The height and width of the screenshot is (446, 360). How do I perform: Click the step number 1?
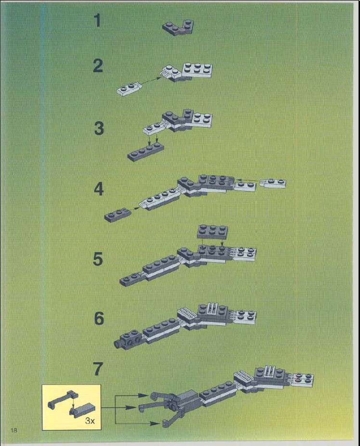pyautogui.click(x=98, y=21)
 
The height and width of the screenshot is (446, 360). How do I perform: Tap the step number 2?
pyautogui.click(x=98, y=66)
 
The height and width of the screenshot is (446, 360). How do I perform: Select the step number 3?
pyautogui.click(x=99, y=128)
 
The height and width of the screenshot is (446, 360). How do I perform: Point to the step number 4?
pyautogui.click(x=99, y=189)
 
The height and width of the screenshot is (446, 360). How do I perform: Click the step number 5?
pyautogui.click(x=98, y=259)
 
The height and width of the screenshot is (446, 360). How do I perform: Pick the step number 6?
pyautogui.click(x=99, y=319)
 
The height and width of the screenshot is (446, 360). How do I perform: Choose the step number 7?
pyautogui.click(x=98, y=369)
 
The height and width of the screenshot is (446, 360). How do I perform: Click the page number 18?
pyautogui.click(x=13, y=430)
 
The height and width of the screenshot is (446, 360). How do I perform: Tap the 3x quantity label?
pyautogui.click(x=90, y=421)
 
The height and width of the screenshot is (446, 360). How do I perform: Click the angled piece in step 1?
pyautogui.click(x=178, y=27)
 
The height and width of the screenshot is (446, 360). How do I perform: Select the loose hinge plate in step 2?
pyautogui.click(x=129, y=89)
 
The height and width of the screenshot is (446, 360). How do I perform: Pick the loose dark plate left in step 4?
pyautogui.click(x=117, y=215)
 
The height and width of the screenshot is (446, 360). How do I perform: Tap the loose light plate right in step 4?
pyautogui.click(x=275, y=183)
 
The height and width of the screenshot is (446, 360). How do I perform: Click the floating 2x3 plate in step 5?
pyautogui.click(x=212, y=231)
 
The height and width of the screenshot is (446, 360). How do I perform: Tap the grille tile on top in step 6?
pyautogui.click(x=213, y=308)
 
